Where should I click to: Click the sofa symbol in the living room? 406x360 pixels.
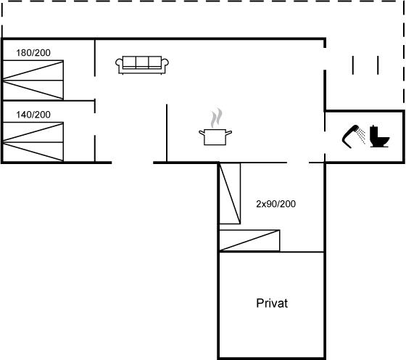pos(142,65)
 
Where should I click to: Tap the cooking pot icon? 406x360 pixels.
pos(215,137)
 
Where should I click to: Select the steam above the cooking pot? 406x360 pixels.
pos(216,118)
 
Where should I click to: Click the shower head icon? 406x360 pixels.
pos(351,136)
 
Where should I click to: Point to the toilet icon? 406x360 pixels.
pos(379,136)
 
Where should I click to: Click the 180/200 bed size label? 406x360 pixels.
pos(33,53)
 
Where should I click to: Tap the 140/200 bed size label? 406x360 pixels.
pos(33,115)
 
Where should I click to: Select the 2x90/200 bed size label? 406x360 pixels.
pos(275,204)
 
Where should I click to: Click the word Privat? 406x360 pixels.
pos(272,303)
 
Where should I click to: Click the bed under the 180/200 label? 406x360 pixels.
pos(33,80)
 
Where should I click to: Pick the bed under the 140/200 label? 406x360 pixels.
pos(33,142)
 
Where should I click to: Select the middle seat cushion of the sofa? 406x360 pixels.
pos(142,62)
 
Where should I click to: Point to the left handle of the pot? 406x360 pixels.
pos(202,133)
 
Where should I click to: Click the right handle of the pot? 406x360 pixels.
pos(228,133)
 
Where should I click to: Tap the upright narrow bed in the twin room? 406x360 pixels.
pos(230,193)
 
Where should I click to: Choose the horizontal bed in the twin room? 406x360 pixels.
pos(249,240)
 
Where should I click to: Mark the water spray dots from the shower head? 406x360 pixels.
pos(361,135)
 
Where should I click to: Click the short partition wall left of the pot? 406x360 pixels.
pos(167,134)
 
